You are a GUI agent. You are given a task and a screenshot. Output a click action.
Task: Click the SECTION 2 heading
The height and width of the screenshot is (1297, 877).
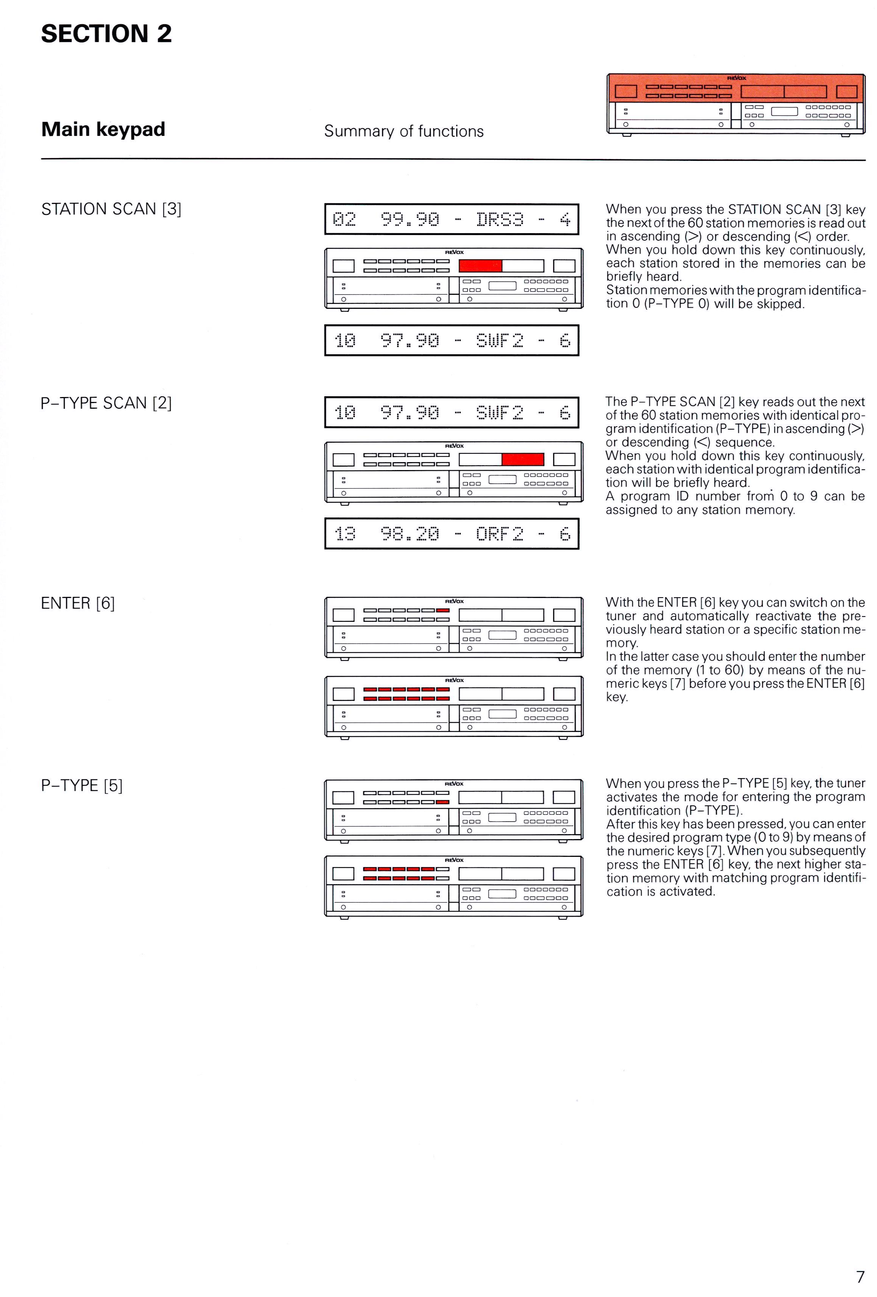tap(106, 34)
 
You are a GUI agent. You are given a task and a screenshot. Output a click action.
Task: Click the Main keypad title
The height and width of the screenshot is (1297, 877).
tap(103, 129)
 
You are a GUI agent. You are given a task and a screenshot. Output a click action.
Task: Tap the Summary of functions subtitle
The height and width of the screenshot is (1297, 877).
tap(403, 131)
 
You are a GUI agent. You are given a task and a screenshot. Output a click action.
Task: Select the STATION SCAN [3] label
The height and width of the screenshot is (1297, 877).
tap(111, 209)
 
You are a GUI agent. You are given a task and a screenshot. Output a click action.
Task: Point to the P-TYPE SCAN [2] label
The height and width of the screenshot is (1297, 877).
tap(106, 403)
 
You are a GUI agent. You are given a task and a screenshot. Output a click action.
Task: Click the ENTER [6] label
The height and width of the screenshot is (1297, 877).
tap(78, 603)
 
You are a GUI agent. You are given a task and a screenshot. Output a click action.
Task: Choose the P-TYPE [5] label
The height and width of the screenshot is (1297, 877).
tap(81, 786)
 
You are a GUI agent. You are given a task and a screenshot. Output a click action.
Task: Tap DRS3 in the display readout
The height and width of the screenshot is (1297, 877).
tap(500, 220)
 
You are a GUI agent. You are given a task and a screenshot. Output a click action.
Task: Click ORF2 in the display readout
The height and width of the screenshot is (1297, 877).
tap(500, 534)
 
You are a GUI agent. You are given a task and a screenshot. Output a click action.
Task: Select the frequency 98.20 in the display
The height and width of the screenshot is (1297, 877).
tap(410, 534)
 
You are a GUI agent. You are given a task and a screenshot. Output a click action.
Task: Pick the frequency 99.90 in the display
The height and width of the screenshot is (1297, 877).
tap(410, 220)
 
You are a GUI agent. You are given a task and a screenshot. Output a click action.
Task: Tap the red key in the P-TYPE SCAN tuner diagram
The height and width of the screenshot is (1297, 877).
tap(522, 459)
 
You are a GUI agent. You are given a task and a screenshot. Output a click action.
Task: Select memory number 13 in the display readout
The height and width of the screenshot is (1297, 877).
tap(344, 534)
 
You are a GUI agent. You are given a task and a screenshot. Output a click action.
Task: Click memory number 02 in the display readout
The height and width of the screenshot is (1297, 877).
tap(344, 220)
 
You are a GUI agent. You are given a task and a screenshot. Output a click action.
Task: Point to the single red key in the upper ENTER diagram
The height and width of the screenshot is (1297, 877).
tap(443, 610)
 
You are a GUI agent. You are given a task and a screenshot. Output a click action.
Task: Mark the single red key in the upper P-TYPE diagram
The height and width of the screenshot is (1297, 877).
tap(443, 802)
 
